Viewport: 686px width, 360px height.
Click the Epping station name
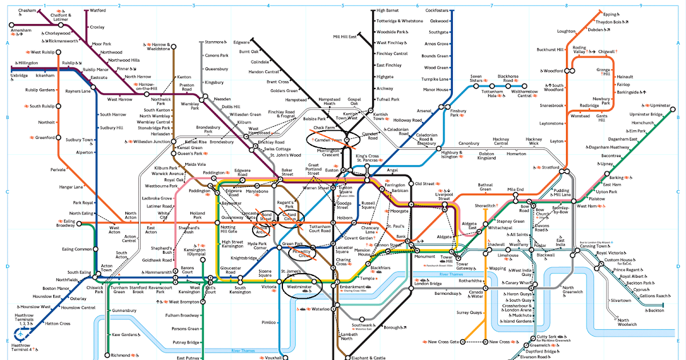tap(611, 14)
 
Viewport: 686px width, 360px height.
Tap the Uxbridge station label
tap(19, 75)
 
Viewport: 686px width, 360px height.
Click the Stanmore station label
tap(215, 42)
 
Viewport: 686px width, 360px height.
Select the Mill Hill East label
tap(345, 37)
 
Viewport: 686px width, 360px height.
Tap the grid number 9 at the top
tap(641, 6)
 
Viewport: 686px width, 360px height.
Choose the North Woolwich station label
tap(626, 323)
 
